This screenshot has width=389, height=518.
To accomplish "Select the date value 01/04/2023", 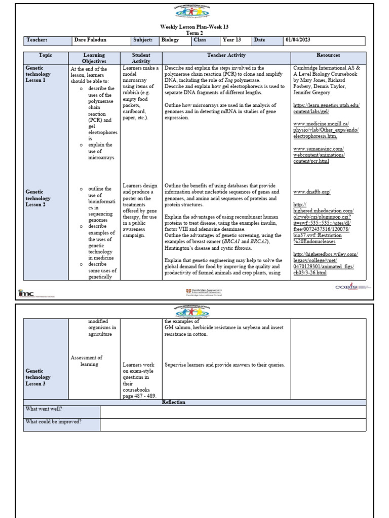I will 299,39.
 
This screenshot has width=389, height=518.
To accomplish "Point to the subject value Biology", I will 170,39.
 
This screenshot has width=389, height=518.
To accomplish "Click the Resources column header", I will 328,55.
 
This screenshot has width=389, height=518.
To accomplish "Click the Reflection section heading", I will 173,402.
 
